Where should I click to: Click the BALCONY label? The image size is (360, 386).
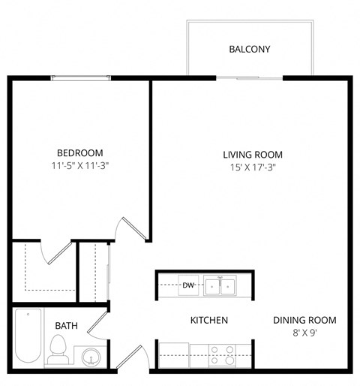pyautogui.click(x=249, y=50)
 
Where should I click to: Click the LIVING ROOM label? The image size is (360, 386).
pyautogui.click(x=253, y=155)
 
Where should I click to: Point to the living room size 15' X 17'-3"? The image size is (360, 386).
pyautogui.click(x=253, y=167)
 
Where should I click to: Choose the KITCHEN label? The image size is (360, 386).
pyautogui.click(x=208, y=321)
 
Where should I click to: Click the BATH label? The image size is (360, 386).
pyautogui.click(x=67, y=326)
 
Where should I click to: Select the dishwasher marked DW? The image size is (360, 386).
pyautogui.click(x=188, y=285)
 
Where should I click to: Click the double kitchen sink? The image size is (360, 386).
pyautogui.click(x=220, y=285)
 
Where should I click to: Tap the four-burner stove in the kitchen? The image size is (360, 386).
pyautogui.click(x=221, y=354)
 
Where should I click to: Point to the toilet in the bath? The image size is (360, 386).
pyautogui.click(x=58, y=348)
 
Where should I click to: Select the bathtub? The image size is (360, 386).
pyautogui.click(x=25, y=337)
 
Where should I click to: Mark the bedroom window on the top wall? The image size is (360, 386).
pyautogui.click(x=81, y=77)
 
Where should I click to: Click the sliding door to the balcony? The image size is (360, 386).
pyautogui.click(x=249, y=77)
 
